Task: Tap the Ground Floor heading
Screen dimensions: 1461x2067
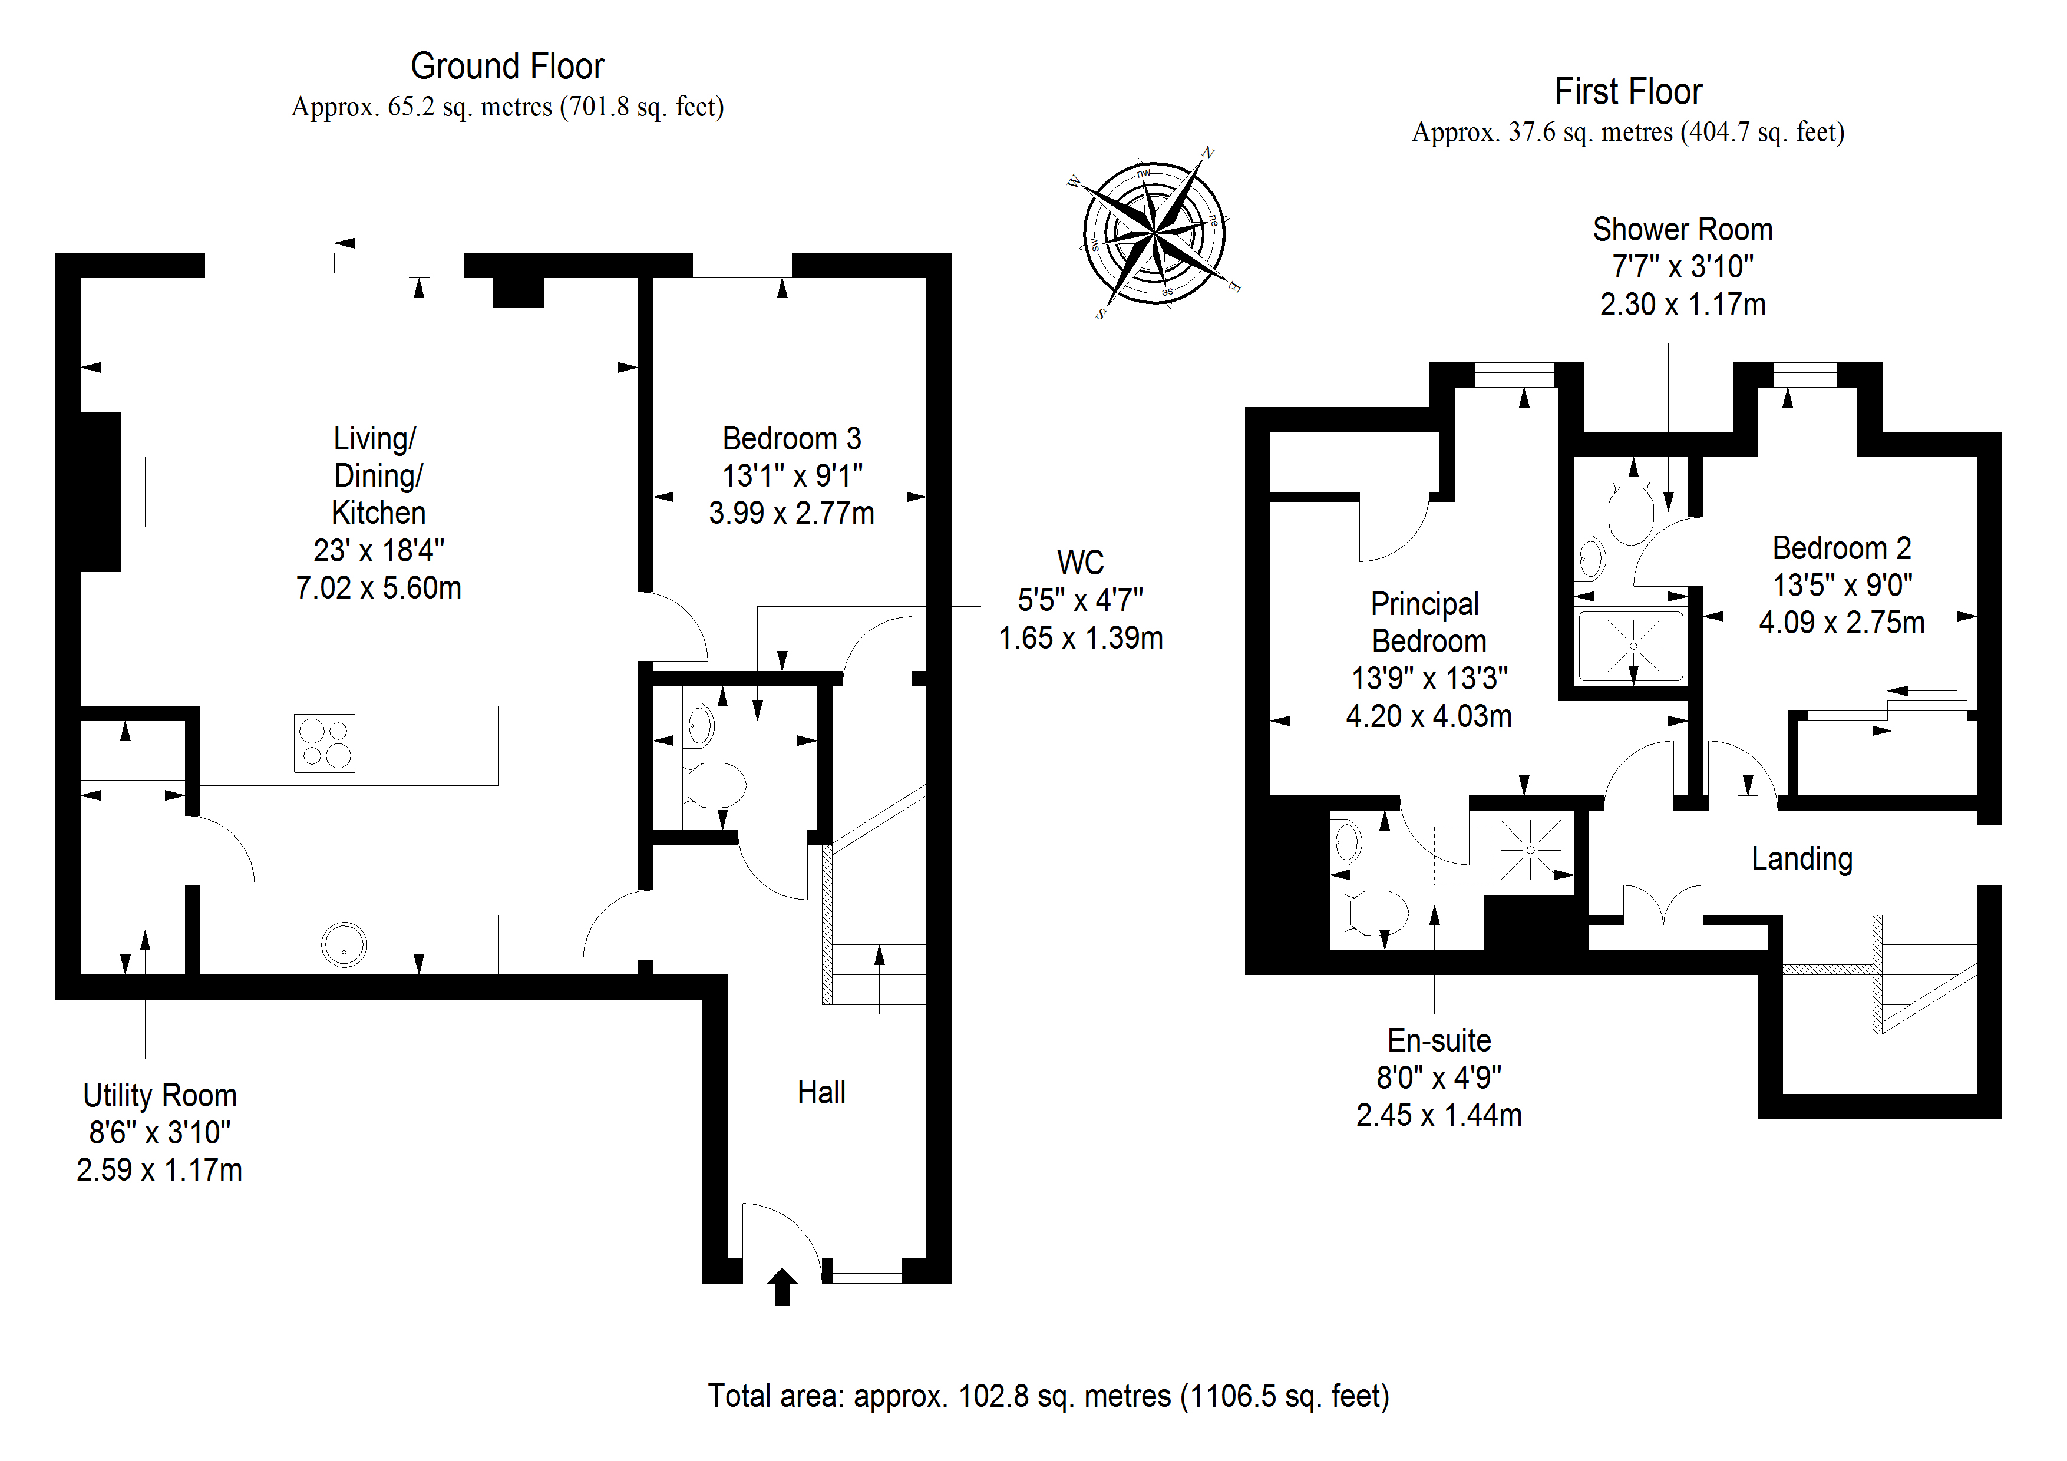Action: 507,67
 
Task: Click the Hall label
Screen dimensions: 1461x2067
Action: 821,1093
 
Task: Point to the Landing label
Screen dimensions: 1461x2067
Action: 1801,859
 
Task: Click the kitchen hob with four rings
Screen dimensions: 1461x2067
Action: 324,743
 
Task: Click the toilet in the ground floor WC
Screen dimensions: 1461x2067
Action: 716,785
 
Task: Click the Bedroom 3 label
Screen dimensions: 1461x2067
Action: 791,438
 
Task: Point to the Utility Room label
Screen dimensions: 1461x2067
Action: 159,1096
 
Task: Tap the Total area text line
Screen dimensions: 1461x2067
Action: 1049,1396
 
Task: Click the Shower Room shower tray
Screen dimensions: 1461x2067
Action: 1632,646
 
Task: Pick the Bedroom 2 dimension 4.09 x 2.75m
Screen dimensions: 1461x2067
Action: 1841,623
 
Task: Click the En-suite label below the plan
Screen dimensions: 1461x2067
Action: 1439,1040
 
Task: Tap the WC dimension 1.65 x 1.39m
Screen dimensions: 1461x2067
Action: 1080,638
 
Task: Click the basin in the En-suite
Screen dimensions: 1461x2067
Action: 1347,842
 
